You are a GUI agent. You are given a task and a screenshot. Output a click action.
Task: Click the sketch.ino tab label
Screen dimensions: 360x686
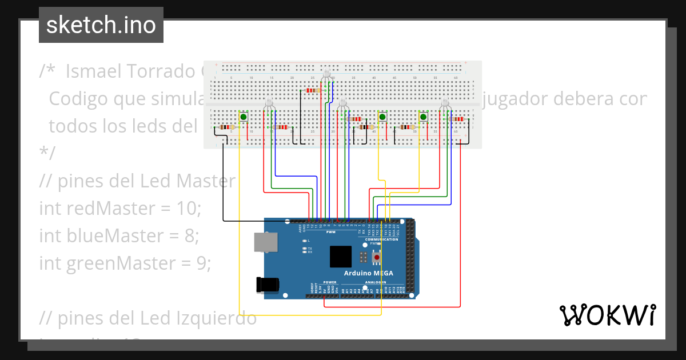click(101, 25)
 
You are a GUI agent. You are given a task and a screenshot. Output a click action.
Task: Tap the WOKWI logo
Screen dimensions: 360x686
click(607, 315)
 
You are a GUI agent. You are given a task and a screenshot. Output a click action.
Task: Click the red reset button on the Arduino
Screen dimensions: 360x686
click(376, 258)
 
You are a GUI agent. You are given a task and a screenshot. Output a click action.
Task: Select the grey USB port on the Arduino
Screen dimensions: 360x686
click(265, 242)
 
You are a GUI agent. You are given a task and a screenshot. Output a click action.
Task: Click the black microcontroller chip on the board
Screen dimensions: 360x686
click(341, 257)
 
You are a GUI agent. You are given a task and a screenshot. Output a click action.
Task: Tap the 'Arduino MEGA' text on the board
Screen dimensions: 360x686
click(368, 273)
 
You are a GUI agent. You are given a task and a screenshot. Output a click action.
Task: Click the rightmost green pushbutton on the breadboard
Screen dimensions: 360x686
click(424, 117)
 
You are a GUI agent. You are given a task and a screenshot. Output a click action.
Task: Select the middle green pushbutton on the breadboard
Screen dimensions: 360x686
click(382, 117)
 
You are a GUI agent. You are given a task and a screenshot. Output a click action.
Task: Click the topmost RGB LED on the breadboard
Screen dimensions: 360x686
click(326, 74)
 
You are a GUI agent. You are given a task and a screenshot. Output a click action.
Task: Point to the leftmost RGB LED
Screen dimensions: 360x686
click(269, 103)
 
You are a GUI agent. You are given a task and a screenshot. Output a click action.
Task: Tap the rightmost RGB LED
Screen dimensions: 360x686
click(445, 103)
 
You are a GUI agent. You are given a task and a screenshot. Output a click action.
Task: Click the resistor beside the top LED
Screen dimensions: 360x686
click(312, 90)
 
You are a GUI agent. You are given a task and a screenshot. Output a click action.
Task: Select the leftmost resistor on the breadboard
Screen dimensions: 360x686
click(227, 127)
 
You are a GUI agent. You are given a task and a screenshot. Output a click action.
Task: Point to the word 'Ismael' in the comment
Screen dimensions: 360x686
click(98, 71)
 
